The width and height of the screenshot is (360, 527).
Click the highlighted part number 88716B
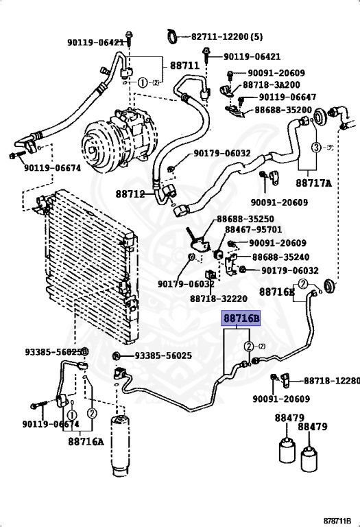click(241, 318)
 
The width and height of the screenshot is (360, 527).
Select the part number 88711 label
click(184, 65)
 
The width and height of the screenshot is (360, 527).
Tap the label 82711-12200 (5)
click(227, 36)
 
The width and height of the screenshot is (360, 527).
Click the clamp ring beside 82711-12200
click(173, 36)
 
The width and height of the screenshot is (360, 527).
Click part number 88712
click(130, 194)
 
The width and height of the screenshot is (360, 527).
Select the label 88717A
click(313, 183)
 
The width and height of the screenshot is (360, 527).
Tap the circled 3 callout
click(316, 148)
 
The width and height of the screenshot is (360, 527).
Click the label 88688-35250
click(245, 219)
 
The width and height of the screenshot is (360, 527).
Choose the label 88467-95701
click(253, 230)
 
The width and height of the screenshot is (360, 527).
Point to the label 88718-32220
click(219, 298)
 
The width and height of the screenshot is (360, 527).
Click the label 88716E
click(277, 292)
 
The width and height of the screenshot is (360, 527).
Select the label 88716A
click(86, 441)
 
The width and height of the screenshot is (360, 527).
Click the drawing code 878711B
click(337, 521)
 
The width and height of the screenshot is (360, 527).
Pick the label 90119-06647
click(287, 97)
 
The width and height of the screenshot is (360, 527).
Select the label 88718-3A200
click(272, 84)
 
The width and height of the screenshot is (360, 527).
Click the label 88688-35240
click(280, 257)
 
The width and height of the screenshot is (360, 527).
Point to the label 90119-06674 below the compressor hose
click(52, 167)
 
